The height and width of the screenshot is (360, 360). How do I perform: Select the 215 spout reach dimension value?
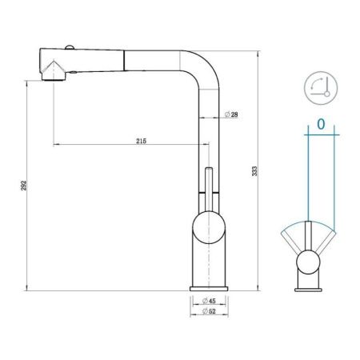141,141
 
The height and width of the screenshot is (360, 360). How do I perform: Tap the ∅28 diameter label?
230,115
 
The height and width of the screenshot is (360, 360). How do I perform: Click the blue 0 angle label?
320,125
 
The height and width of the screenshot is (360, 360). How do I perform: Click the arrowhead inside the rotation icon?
328,93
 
